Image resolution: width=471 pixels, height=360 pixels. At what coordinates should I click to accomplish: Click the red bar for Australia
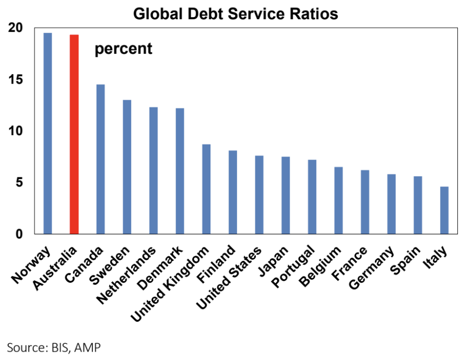click(x=74, y=134)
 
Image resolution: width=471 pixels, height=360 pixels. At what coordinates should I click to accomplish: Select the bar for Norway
click(x=48, y=133)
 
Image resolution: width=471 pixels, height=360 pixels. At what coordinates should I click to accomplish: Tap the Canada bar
click(x=101, y=159)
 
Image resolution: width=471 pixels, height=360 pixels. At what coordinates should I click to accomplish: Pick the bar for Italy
click(x=444, y=210)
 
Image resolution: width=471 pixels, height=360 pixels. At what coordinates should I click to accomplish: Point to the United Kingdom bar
click(x=206, y=189)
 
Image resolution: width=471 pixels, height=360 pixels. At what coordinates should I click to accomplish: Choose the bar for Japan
click(x=286, y=195)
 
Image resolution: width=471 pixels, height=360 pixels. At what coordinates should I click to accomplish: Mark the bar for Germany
click(x=392, y=204)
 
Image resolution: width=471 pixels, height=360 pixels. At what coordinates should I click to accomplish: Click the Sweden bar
click(x=127, y=167)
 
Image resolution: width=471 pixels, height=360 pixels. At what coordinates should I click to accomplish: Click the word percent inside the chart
click(x=123, y=49)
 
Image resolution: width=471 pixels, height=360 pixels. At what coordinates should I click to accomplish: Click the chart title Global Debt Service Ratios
click(x=236, y=14)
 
